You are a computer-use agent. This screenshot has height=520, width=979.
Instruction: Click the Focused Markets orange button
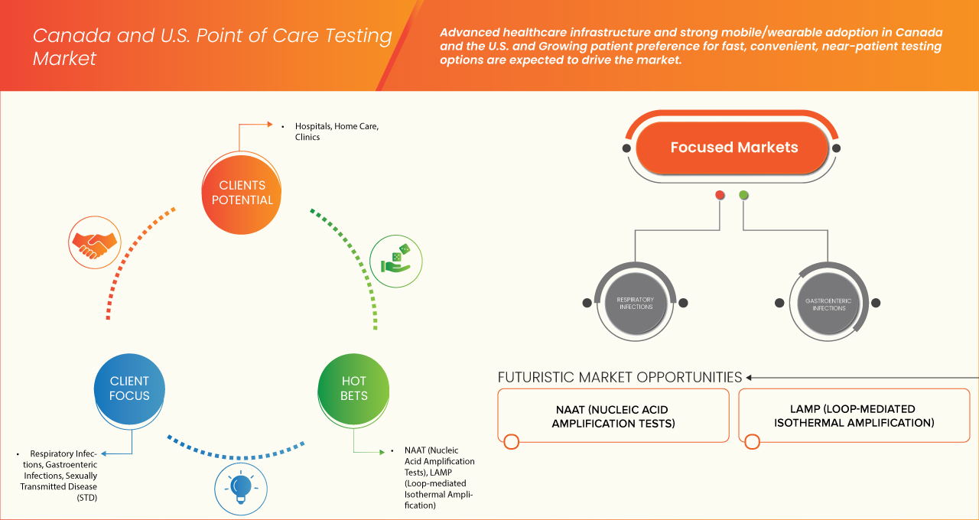[733, 148]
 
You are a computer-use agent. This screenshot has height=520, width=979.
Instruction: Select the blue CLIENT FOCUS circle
[129, 388]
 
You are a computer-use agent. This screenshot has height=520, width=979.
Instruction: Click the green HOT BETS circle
[353, 388]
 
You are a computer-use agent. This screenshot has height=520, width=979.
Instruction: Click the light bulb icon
[241, 487]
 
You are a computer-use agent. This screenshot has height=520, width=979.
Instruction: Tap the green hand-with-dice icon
[395, 260]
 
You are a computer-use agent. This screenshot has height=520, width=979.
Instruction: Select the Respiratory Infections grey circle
[635, 303]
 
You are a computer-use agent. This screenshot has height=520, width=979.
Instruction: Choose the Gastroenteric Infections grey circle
[828, 303]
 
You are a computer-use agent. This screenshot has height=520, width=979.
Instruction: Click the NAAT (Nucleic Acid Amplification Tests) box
[613, 416]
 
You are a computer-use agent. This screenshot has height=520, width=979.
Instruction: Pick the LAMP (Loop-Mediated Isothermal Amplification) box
[854, 416]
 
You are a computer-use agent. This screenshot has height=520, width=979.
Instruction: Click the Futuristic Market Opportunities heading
[620, 377]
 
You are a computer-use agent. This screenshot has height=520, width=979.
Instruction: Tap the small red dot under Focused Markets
[720, 195]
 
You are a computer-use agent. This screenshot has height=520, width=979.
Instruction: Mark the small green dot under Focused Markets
[743, 195]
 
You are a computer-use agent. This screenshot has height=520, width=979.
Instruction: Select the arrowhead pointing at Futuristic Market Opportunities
[750, 377]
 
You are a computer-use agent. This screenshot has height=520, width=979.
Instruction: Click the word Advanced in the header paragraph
[470, 33]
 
